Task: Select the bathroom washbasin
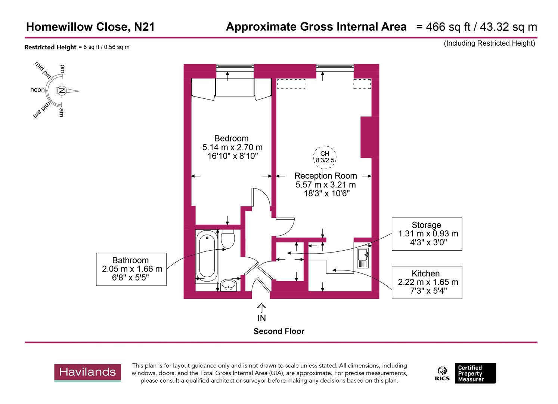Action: coord(228,285)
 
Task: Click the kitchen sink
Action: coord(363,255)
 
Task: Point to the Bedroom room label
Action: coord(231,138)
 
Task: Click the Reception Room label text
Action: coord(325,176)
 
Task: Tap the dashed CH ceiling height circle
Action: coord(325,157)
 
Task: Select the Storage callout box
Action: coord(427,234)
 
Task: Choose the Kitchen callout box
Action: coord(427,282)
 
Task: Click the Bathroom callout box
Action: coord(131,269)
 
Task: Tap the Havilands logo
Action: coord(87,372)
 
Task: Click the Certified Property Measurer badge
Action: coord(475,373)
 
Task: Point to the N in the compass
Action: coord(62,91)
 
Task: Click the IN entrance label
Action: coord(261,318)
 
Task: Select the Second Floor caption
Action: coord(279,331)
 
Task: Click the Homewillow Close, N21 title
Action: coord(90,27)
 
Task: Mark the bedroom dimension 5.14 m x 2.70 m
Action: coord(232,147)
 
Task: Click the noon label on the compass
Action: coord(37,90)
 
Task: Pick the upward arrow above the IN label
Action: coord(261,307)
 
